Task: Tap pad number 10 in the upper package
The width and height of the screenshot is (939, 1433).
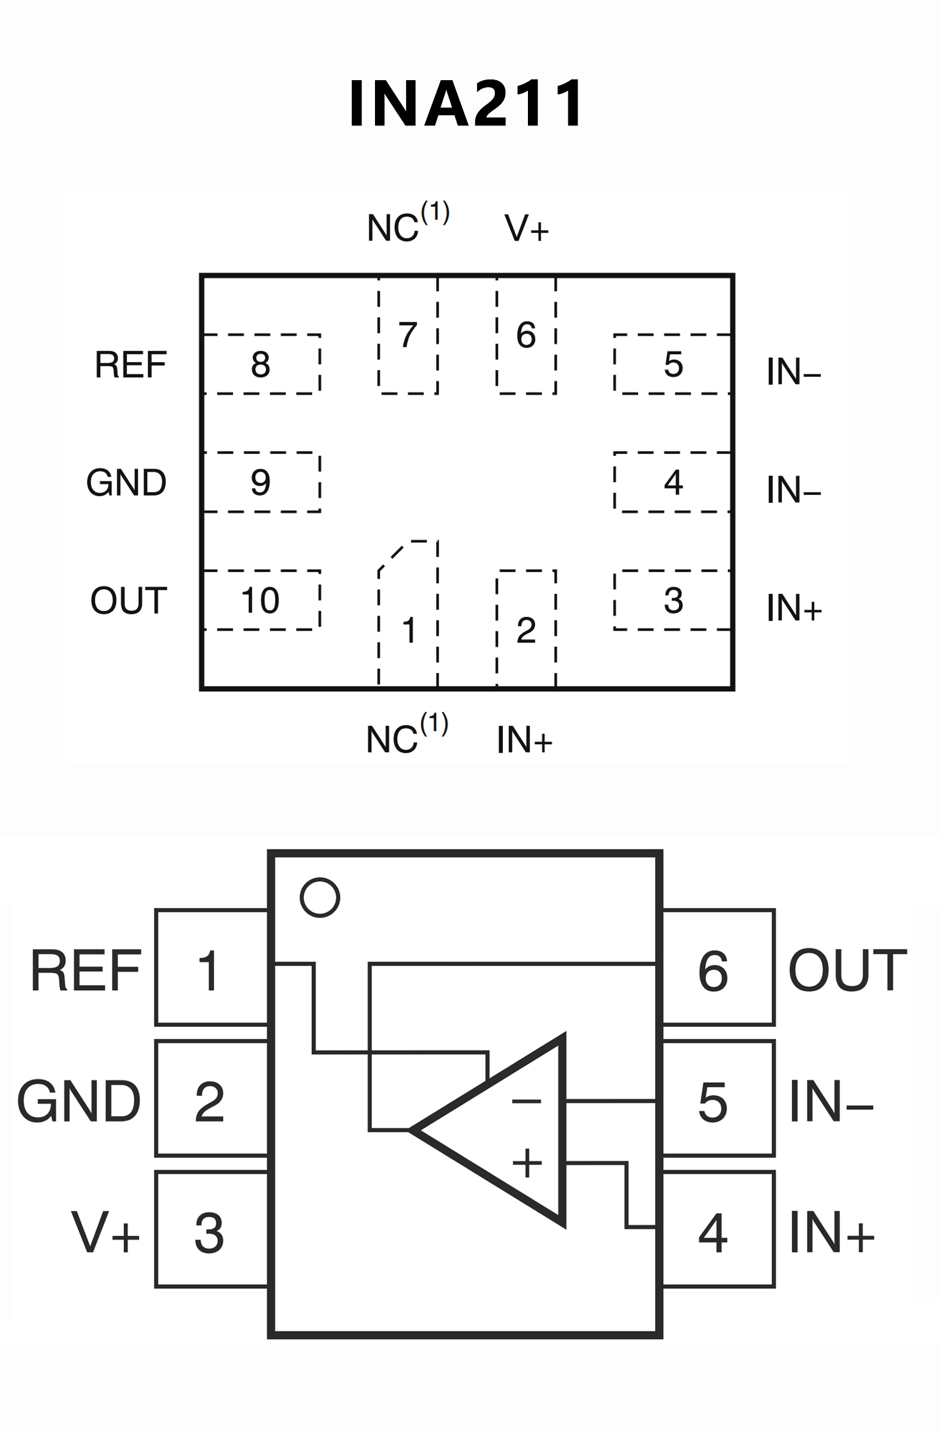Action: point(261,600)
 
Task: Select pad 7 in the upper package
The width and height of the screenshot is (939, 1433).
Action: point(408,335)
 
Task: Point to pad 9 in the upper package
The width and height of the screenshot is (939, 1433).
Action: point(261,482)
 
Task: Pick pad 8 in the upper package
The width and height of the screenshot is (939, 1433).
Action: point(261,364)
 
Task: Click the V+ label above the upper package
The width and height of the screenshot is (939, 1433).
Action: point(527,228)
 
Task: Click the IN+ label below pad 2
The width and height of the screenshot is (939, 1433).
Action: point(524,740)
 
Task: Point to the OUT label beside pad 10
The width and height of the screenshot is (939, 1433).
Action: point(128,600)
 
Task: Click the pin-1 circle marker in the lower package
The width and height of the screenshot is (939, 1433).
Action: point(319,898)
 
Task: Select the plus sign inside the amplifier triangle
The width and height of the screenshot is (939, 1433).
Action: point(527,1163)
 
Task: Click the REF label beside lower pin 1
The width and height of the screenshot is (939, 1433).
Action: point(86,971)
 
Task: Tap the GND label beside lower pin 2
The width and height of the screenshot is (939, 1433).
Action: point(79,1102)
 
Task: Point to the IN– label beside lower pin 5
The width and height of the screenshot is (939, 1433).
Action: point(831,1102)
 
